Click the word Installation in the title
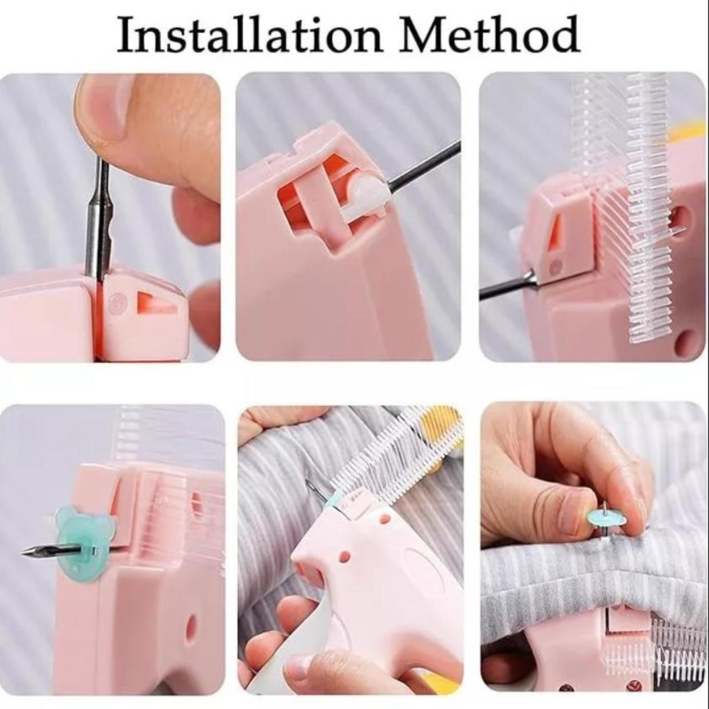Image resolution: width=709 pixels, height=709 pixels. point(249,35)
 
